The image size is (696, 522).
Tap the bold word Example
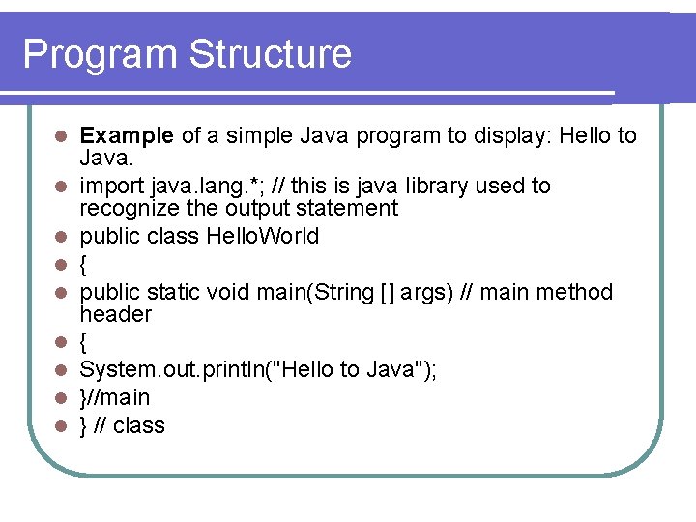127,135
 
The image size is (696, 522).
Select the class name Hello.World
263,236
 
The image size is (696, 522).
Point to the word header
115,314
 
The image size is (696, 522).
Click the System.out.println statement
258,369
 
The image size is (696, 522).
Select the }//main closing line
114,397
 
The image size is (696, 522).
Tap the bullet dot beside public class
60,237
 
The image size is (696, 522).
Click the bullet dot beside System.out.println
60,370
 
